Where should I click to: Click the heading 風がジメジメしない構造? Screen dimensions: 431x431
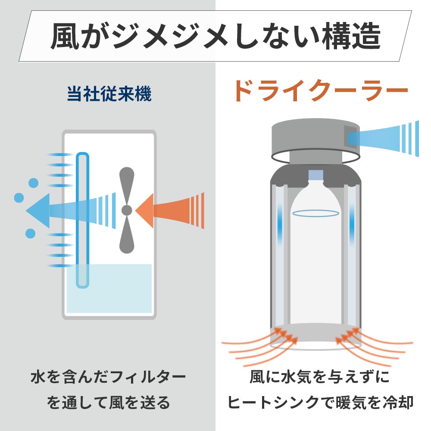point(216,36)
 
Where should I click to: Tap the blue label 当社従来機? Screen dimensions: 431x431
point(109,94)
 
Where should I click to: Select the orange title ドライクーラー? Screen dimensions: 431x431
point(321,91)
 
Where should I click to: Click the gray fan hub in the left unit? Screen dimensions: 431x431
point(127,210)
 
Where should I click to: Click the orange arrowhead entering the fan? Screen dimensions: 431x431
point(144,211)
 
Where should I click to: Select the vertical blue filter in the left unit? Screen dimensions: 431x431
point(82,220)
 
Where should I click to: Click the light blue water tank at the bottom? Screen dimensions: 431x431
point(109,288)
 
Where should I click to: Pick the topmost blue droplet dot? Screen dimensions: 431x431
point(34,183)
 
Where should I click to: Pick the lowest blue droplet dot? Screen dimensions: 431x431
point(30,233)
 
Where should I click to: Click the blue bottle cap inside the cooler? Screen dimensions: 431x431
point(315,175)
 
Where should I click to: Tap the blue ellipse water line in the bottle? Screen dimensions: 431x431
point(315,213)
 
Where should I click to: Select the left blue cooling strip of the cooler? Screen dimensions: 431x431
point(280,224)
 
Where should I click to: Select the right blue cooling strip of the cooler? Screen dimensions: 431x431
point(352,224)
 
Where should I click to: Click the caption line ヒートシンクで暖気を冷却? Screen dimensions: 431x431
point(321,403)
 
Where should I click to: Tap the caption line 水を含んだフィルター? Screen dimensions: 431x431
point(108,377)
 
